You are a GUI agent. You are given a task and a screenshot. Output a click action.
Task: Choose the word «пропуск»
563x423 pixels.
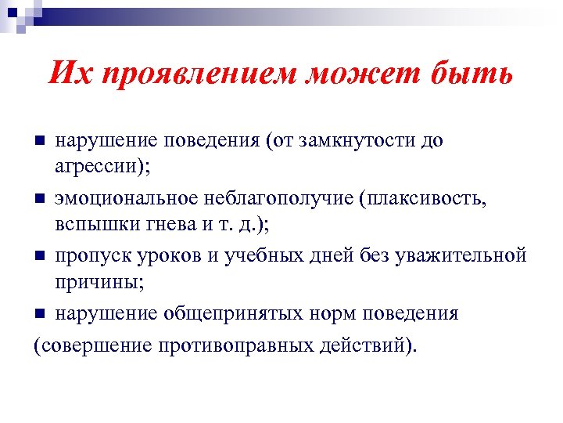tap(92, 256)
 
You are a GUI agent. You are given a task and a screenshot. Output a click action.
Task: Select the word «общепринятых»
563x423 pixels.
tap(232, 314)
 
